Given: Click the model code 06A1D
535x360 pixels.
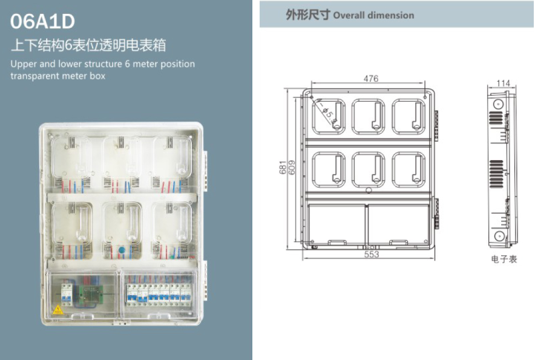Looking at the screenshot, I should (42, 21).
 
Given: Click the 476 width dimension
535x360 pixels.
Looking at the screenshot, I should (370, 79).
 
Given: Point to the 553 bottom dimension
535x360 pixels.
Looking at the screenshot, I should (371, 255).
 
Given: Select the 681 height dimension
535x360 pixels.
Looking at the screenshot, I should (283, 168).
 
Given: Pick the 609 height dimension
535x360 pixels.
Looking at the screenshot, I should (292, 168).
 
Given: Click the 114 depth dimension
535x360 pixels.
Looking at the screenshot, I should (503, 83).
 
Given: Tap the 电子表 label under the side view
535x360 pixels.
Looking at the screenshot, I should (504, 260).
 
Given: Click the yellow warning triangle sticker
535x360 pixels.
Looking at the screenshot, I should (58, 309).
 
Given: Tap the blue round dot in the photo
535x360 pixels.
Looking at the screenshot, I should (121, 249).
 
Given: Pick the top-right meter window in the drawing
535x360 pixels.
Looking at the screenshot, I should (412, 116).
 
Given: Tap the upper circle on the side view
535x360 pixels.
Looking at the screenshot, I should (497, 103).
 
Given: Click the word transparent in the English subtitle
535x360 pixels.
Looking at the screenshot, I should (34, 76).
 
